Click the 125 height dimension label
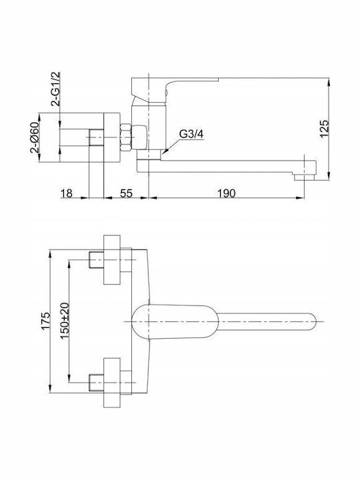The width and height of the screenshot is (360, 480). [x=325, y=129]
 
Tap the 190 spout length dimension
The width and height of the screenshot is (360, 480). [x=227, y=193]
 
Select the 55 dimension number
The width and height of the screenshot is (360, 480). [x=126, y=193]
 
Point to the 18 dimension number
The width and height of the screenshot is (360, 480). [x=67, y=193]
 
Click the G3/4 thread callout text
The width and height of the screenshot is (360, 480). [x=191, y=134]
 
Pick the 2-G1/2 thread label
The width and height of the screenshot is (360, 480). [x=56, y=89]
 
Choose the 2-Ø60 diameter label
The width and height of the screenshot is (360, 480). [x=34, y=137]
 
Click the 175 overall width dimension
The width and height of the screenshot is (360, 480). [x=45, y=321]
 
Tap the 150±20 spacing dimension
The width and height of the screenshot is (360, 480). [x=65, y=321]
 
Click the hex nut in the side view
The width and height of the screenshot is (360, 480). [x=126, y=137]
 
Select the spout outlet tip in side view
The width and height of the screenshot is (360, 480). [x=304, y=177]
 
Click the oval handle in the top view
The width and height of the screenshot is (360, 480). [x=175, y=321]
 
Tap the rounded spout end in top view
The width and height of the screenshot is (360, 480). [x=310, y=321]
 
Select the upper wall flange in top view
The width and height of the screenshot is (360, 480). [x=112, y=259]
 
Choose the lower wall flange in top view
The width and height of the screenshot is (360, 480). [x=112, y=383]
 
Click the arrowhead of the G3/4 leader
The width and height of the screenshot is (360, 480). [x=164, y=151]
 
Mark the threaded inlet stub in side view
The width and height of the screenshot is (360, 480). [x=96, y=137]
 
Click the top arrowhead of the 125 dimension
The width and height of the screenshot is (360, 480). [x=329, y=82]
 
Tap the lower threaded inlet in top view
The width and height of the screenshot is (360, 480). [x=96, y=383]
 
